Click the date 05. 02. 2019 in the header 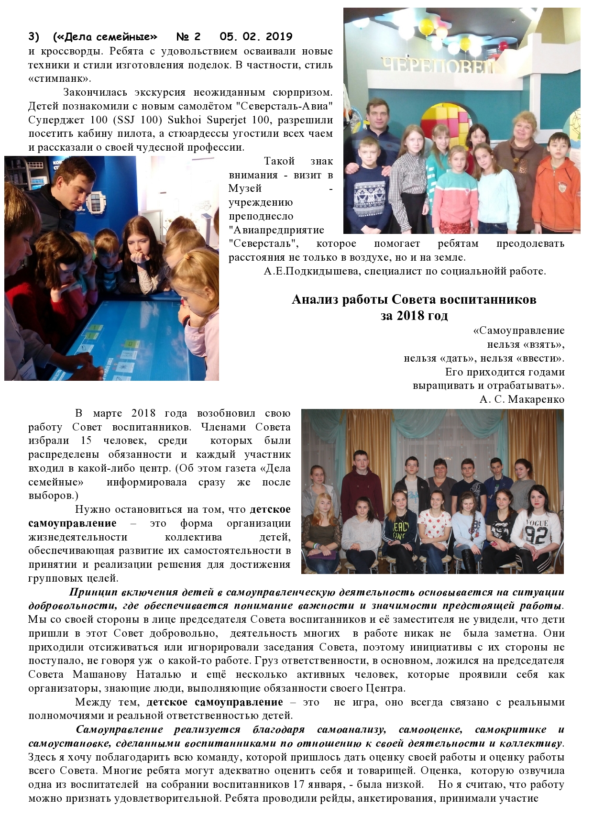point(256,37)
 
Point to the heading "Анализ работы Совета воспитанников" point(414,300)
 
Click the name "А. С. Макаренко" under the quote point(522,399)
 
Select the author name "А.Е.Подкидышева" point(306,271)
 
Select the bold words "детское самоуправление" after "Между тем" point(215,703)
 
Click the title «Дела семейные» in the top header point(105,37)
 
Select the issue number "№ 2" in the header point(188,37)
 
